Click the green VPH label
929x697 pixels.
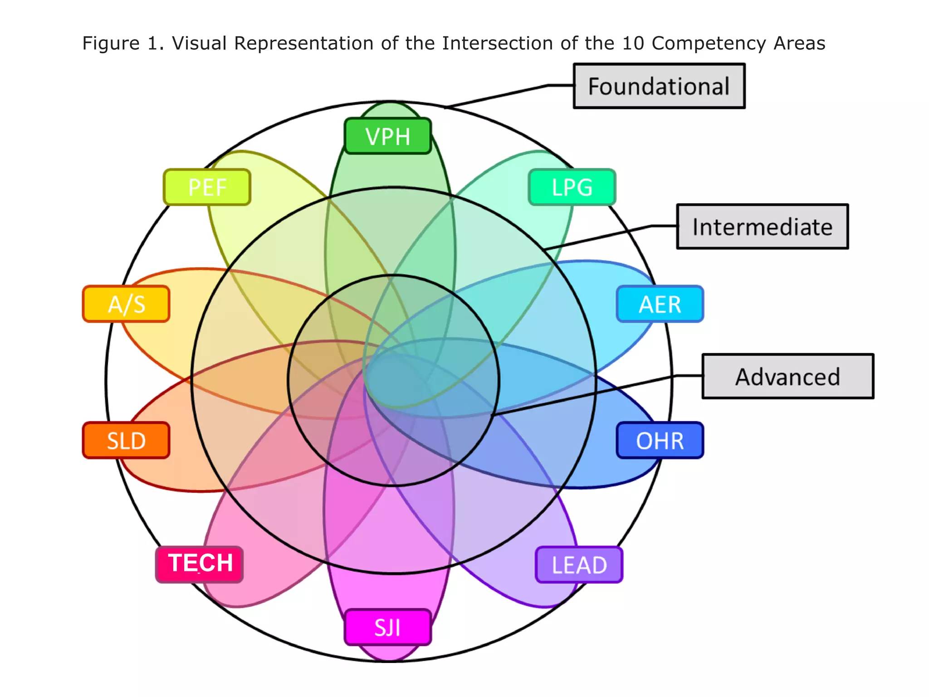(388, 136)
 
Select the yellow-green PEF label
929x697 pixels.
(207, 187)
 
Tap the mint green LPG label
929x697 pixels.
(572, 187)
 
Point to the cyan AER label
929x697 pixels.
(660, 304)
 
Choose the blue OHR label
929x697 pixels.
(660, 441)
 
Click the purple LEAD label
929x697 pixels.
(579, 565)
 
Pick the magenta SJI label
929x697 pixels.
(388, 628)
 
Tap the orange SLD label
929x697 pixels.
(126, 441)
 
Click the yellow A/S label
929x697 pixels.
(126, 304)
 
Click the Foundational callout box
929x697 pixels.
(659, 86)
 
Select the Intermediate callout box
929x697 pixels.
(762, 226)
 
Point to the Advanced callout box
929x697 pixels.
(787, 376)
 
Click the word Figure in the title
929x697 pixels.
(111, 44)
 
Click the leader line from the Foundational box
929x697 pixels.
(499, 96)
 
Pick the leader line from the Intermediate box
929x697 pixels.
(599, 237)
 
